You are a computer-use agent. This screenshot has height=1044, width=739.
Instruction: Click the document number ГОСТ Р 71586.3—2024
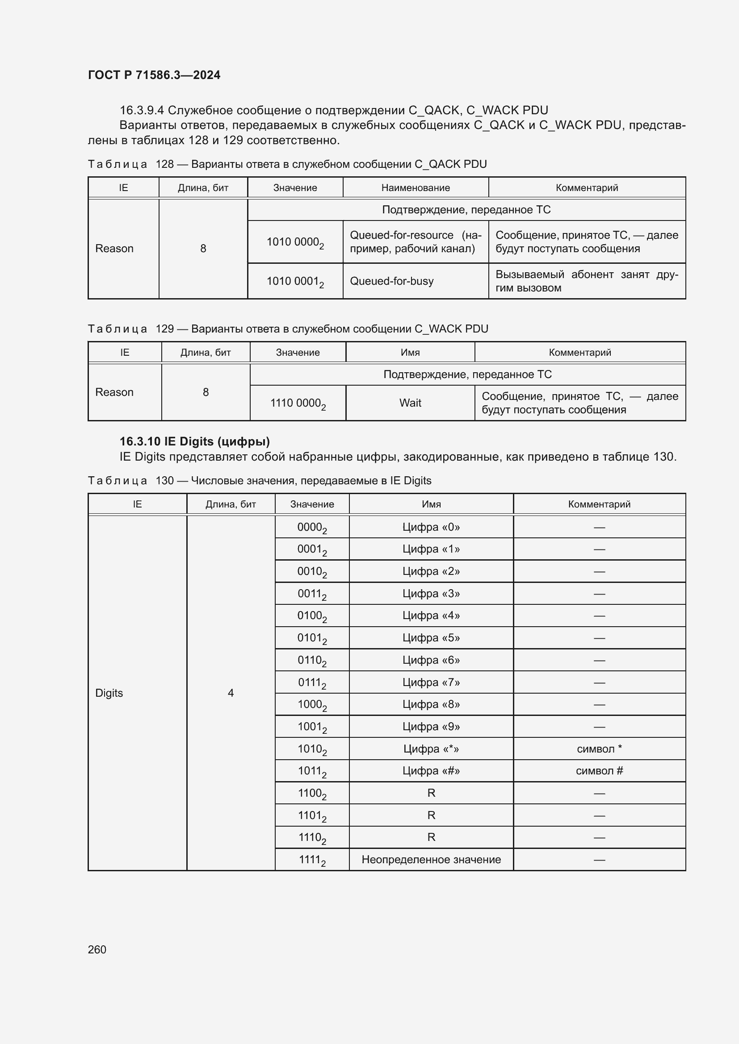click(154, 75)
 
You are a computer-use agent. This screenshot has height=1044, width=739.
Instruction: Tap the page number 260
click(97, 949)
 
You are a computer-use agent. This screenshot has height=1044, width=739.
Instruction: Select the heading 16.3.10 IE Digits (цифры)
click(194, 441)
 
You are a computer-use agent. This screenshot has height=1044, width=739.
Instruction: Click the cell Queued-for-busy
click(391, 281)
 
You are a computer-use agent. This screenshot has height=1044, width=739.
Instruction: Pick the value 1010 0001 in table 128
click(294, 282)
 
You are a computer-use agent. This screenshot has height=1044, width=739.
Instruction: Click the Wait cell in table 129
click(410, 403)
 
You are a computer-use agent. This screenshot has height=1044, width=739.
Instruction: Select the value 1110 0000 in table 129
click(297, 403)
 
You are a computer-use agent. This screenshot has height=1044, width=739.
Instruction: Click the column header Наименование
click(415, 188)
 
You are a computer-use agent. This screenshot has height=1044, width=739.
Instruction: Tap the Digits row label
click(109, 693)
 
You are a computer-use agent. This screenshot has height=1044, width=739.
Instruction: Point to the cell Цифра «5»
click(431, 637)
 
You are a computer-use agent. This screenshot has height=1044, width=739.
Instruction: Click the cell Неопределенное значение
click(431, 859)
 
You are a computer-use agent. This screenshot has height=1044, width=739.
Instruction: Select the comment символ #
click(599, 771)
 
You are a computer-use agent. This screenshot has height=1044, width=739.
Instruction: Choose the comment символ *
click(599, 749)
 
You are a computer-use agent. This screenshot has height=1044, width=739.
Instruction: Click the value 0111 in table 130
click(312, 682)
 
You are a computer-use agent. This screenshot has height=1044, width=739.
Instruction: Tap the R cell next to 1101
click(431, 815)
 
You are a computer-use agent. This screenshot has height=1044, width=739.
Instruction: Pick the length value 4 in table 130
click(231, 693)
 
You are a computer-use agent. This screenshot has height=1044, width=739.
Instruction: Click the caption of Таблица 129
click(288, 329)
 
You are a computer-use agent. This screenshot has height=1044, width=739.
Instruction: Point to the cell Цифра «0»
click(431, 527)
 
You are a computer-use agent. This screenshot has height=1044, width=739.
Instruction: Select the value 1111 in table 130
click(312, 860)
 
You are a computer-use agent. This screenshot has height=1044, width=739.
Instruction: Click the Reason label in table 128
click(114, 248)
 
